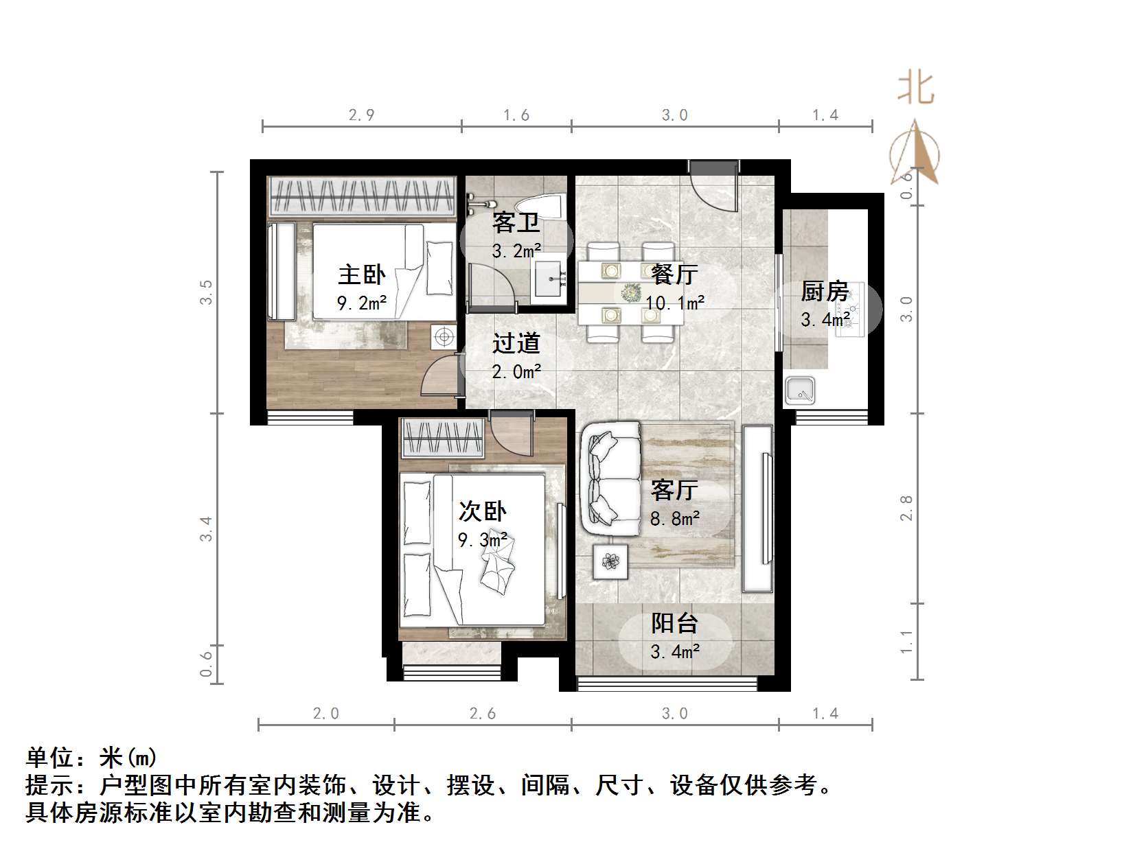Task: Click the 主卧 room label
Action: (x=361, y=275)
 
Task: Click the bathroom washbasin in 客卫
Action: (x=549, y=278)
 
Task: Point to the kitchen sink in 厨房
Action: (x=800, y=390)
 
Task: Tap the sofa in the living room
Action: (x=610, y=478)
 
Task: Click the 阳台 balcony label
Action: (x=674, y=623)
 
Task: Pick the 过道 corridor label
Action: (x=516, y=343)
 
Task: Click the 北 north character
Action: (x=915, y=89)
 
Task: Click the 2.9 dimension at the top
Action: (x=361, y=115)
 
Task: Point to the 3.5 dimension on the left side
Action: (x=206, y=292)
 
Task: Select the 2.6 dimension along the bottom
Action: (x=482, y=714)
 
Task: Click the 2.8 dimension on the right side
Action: (x=906, y=508)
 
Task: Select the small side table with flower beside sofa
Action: (x=610, y=562)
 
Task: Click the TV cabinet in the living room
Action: (x=758, y=509)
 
